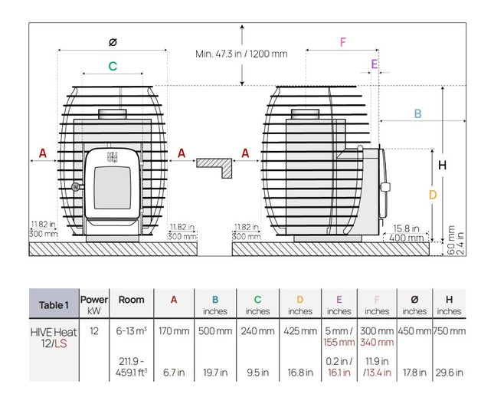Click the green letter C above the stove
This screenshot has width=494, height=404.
pyautogui.click(x=113, y=66)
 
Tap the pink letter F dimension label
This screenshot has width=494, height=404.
pyautogui.click(x=343, y=42)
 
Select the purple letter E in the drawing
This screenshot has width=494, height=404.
pyautogui.click(x=375, y=64)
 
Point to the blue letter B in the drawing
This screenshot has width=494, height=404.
pyautogui.click(x=417, y=113)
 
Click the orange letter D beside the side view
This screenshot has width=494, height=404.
pyautogui.click(x=433, y=195)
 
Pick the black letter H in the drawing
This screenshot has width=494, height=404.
pyautogui.click(x=443, y=165)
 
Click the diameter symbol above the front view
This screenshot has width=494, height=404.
pyautogui.click(x=113, y=42)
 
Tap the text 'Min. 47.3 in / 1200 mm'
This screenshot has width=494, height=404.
pyautogui.click(x=241, y=54)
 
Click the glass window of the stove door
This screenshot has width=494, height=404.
pyautogui.click(x=112, y=187)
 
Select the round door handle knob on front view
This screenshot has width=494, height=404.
pyautogui.click(x=75, y=187)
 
